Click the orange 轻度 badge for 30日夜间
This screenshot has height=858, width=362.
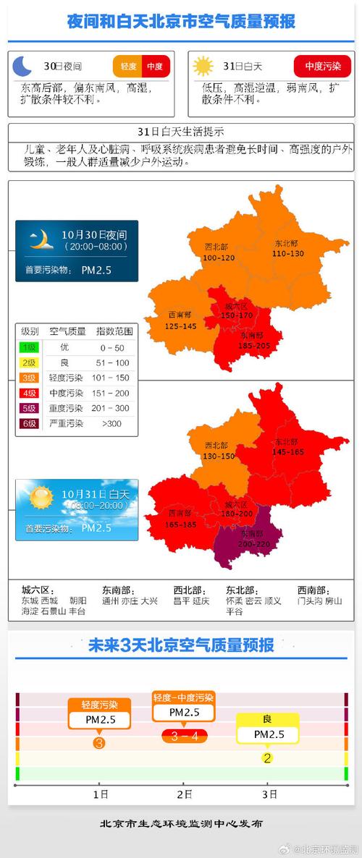(128, 67)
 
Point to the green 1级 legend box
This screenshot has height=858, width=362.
(29, 347)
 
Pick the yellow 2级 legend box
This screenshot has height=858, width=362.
(29, 362)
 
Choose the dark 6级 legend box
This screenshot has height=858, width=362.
(29, 423)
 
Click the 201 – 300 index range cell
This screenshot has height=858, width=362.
(114, 408)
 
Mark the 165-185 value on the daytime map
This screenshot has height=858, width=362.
(180, 523)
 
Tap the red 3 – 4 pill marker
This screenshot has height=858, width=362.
(184, 736)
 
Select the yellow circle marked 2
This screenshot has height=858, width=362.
(267, 758)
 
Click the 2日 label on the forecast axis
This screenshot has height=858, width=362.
(184, 794)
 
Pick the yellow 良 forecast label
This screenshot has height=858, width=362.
(267, 719)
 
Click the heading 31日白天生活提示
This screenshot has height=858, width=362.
(180, 132)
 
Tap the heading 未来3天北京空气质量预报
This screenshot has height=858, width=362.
(180, 645)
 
